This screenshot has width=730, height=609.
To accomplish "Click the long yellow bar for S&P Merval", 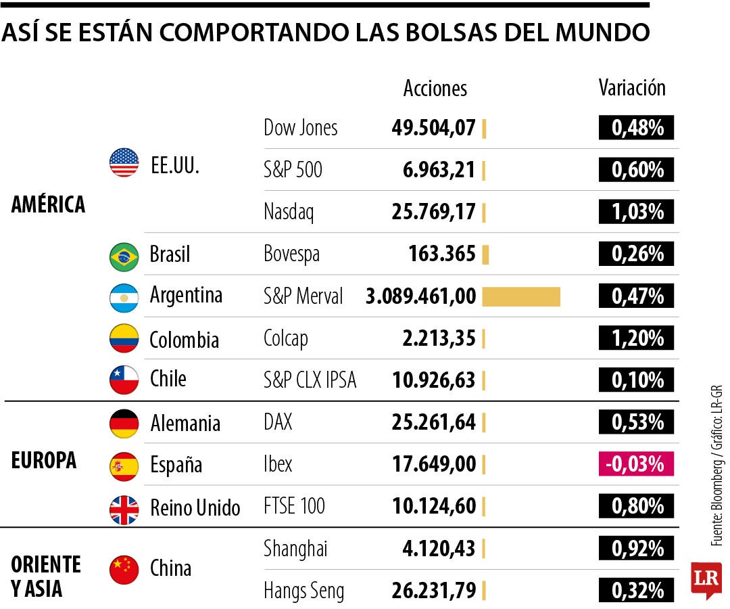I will point(521,296).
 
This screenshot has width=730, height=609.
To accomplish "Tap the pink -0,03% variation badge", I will point(636,464).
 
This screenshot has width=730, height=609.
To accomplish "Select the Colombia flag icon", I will point(124,338).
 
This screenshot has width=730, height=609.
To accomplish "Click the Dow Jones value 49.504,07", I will point(433,128).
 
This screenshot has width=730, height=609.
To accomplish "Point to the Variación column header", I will point(632,88).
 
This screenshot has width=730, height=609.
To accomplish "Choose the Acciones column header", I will point(435,88).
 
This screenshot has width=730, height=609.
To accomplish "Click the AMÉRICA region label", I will point(48,204).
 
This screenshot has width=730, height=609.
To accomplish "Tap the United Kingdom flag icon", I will point(124,507).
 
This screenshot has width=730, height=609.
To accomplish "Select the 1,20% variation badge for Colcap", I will point(636,338).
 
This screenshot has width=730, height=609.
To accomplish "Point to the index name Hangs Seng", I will point(303,591).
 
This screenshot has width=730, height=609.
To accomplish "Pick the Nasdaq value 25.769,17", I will point(433,212).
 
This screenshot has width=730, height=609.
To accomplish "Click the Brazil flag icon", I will point(124,256).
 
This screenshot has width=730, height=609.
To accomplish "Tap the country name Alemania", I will point(185,424).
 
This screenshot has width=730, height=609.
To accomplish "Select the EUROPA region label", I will point(44,460).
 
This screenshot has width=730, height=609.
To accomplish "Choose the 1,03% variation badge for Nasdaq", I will point(636,212).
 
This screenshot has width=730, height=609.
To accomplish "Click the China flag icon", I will point(124,569).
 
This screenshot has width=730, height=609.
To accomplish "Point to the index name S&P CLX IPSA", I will point(310,380).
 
